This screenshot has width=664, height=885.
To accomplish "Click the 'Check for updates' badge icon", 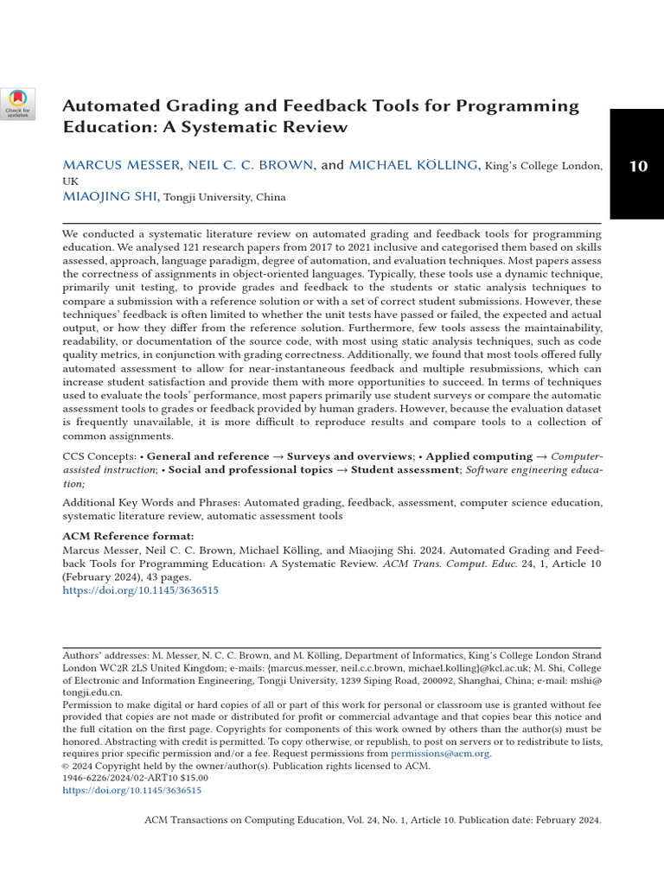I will point(18,103).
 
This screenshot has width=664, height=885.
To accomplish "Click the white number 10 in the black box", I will point(637,166).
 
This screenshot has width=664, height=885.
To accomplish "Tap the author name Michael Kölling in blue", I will point(412,165).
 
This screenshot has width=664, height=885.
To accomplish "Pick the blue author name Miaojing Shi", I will point(110,197).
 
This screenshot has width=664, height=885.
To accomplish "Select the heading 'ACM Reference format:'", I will point(128,536).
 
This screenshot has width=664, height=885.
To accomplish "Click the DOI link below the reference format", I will point(140,590).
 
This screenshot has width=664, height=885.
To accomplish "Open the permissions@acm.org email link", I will point(440,754).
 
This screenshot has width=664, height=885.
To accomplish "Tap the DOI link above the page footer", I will point(131,790).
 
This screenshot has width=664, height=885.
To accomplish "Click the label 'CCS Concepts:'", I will point(99,455).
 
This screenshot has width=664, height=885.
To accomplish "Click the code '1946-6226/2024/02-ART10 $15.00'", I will point(136,778).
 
